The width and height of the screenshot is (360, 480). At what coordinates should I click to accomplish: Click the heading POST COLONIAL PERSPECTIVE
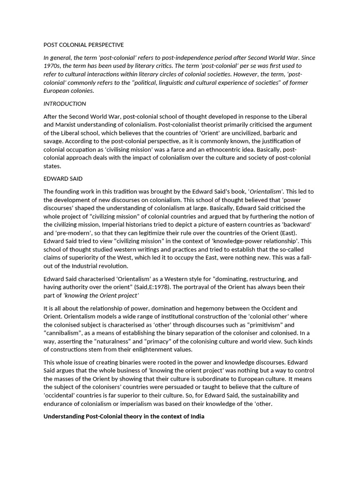point(83,45)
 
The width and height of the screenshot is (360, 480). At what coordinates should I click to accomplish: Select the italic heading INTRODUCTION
point(65,104)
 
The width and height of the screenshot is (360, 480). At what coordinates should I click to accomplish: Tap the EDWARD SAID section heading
point(63,178)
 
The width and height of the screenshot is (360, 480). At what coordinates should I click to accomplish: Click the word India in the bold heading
point(197,416)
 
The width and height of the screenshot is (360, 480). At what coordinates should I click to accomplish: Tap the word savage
point(53,141)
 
